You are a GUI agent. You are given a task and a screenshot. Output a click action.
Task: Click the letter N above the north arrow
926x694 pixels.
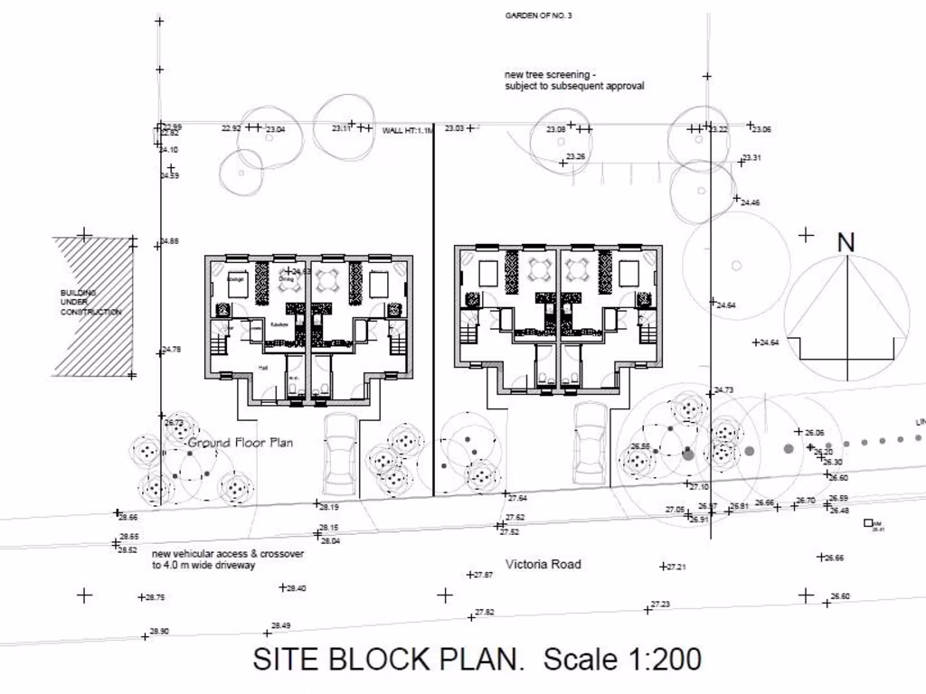click(x=846, y=242)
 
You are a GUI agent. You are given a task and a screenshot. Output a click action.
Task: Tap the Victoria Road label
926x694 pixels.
click(x=543, y=564)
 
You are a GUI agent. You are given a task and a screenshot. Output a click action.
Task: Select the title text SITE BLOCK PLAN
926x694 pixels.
click(x=389, y=658)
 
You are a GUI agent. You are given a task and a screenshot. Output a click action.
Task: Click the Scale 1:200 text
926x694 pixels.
click(x=622, y=658)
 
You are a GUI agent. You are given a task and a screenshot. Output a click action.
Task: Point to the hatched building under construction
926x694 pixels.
click(x=93, y=305)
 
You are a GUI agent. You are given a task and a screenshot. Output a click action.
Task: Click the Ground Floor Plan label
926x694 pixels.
click(x=241, y=443)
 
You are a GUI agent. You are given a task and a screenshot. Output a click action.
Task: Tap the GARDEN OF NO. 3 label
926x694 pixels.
click(x=538, y=15)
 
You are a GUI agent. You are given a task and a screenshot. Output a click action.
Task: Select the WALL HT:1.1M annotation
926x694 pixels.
click(x=408, y=130)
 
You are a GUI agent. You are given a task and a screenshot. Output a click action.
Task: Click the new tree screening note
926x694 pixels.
click(x=574, y=80)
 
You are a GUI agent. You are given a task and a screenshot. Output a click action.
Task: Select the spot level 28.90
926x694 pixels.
click(x=158, y=631)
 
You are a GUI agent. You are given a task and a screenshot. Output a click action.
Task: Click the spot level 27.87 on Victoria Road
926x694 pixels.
click(x=484, y=575)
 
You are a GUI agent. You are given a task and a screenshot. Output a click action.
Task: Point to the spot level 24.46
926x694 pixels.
click(x=750, y=202)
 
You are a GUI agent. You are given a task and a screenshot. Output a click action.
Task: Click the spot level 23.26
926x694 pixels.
click(x=575, y=157)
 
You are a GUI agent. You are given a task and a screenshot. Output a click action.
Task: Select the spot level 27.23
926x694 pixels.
click(x=660, y=605)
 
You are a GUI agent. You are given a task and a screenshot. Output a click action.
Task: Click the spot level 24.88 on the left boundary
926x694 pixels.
click(x=170, y=241)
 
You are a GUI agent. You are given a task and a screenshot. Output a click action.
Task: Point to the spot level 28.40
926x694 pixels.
click(x=296, y=588)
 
